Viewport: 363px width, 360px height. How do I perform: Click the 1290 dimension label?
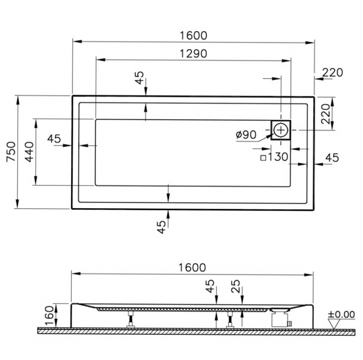tap(193, 53)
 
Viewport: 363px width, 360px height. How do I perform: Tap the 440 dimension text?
tap(30, 152)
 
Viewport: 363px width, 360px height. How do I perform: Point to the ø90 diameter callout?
tap(246, 135)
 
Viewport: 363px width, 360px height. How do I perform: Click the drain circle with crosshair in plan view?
tap(281, 129)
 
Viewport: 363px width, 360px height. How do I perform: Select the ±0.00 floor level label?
tap(341, 314)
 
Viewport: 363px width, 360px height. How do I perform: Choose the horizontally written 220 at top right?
tap(332, 73)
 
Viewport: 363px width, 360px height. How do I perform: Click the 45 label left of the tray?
tap(54, 138)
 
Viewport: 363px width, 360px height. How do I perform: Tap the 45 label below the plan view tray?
tap(162, 226)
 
